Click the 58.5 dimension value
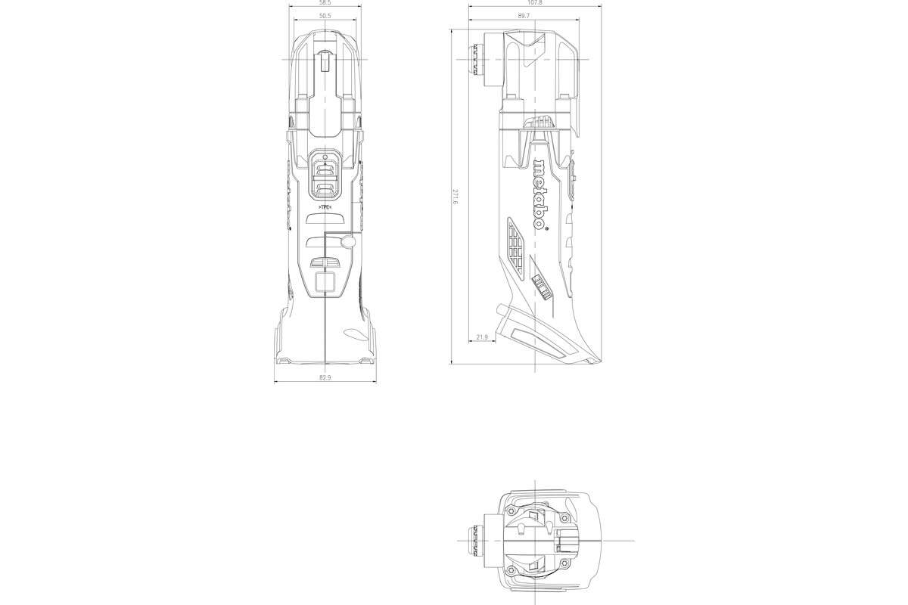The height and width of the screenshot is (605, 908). tap(325, 3)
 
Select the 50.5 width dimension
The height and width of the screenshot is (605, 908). tap(325, 16)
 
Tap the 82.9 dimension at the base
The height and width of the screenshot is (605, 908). tap(325, 376)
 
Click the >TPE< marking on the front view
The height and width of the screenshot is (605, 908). tap(325, 206)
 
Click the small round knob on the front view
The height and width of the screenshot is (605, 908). tap(347, 241)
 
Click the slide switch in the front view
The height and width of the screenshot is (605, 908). tap(325, 174)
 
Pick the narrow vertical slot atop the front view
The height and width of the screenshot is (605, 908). tap(325, 60)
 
